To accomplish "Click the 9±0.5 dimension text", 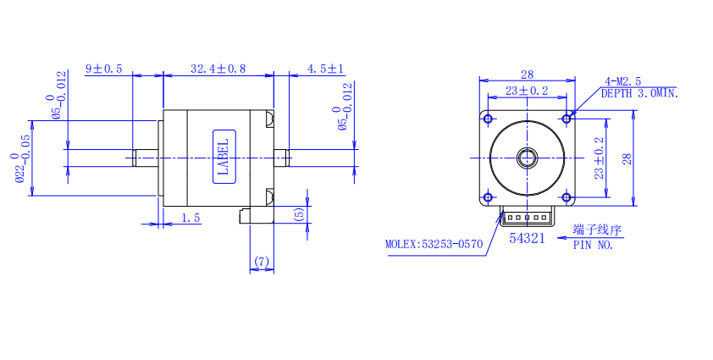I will (103, 68).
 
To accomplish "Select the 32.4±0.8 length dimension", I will (218, 68).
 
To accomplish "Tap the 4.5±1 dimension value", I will (325, 68).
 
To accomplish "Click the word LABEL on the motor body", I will (224, 157).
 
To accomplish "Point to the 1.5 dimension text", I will (191, 218).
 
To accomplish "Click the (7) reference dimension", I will (261, 262).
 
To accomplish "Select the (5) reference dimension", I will (300, 214).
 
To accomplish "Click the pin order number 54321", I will (527, 239).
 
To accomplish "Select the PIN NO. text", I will (593, 245).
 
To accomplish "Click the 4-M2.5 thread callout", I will (622, 81).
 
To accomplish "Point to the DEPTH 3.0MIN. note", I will (639, 93).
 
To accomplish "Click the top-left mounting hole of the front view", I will (488, 117).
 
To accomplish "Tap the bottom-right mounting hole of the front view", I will (567, 197).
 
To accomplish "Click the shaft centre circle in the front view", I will (528, 158).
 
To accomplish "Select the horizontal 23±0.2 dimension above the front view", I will (527, 90).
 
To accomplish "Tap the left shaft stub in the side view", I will (146, 158).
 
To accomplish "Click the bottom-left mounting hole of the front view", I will (488, 197).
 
